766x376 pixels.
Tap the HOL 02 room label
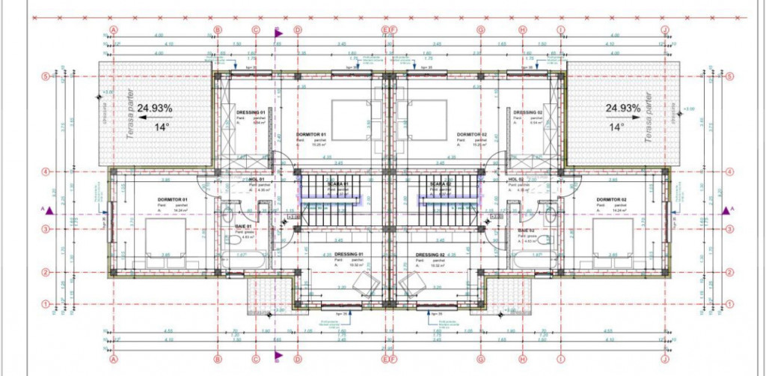click(515, 180)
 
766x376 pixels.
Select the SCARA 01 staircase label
click(338, 184)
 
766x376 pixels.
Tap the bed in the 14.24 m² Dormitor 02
click(613, 241)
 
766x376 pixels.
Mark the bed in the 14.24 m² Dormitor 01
click(165, 241)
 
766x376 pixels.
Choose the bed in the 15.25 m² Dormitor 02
click(423, 119)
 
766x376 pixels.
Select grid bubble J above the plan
click(665, 30)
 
